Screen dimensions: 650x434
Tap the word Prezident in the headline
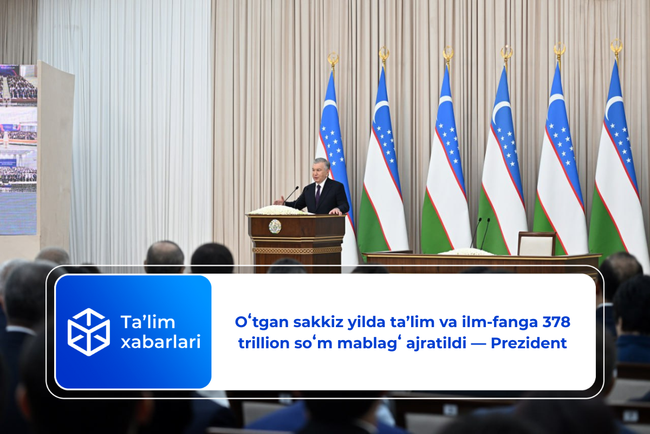[x=529, y=343]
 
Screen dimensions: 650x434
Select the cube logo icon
[x=88, y=332]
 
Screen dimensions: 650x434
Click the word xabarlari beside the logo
[x=161, y=342]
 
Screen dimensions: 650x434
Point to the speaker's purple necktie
[x=318, y=195]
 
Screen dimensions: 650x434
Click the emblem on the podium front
[x=275, y=226]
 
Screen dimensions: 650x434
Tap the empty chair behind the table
[x=537, y=244]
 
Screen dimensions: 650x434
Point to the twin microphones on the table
[x=481, y=233]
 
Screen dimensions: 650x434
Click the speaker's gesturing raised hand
[x=279, y=201]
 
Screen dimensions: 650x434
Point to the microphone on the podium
[x=291, y=195]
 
